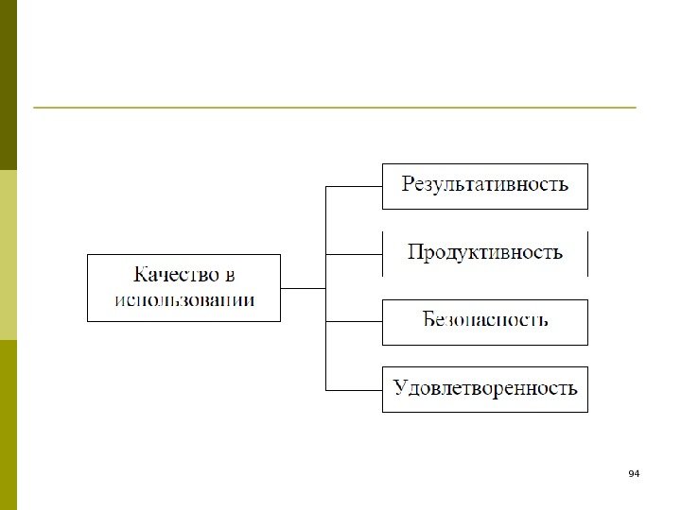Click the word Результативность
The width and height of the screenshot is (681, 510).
coord(485,184)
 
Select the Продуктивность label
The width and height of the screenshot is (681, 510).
coord(485,252)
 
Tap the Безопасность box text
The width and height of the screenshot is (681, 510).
coord(485,320)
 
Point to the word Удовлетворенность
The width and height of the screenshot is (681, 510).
coord(485,388)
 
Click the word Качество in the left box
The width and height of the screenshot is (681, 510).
coord(174,276)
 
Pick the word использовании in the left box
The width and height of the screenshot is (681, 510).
coord(184,300)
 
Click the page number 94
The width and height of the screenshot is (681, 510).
coord(634,472)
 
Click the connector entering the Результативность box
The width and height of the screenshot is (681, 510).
coord(354,186)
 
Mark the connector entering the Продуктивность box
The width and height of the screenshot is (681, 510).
coord(354,254)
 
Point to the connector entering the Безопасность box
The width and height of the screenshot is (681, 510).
coord(354,322)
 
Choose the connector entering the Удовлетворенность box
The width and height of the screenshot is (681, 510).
coord(354,390)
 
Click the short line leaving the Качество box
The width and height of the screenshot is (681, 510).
coord(303,288)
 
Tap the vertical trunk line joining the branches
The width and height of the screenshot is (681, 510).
coord(325,288)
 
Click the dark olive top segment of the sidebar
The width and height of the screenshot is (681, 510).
coord(9,85)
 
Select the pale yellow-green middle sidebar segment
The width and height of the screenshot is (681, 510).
coord(9,255)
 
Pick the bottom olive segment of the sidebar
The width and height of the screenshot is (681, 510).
coord(9,425)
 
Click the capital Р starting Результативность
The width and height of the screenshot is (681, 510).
coord(409,184)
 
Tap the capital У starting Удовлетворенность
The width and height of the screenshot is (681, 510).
coord(400,388)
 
